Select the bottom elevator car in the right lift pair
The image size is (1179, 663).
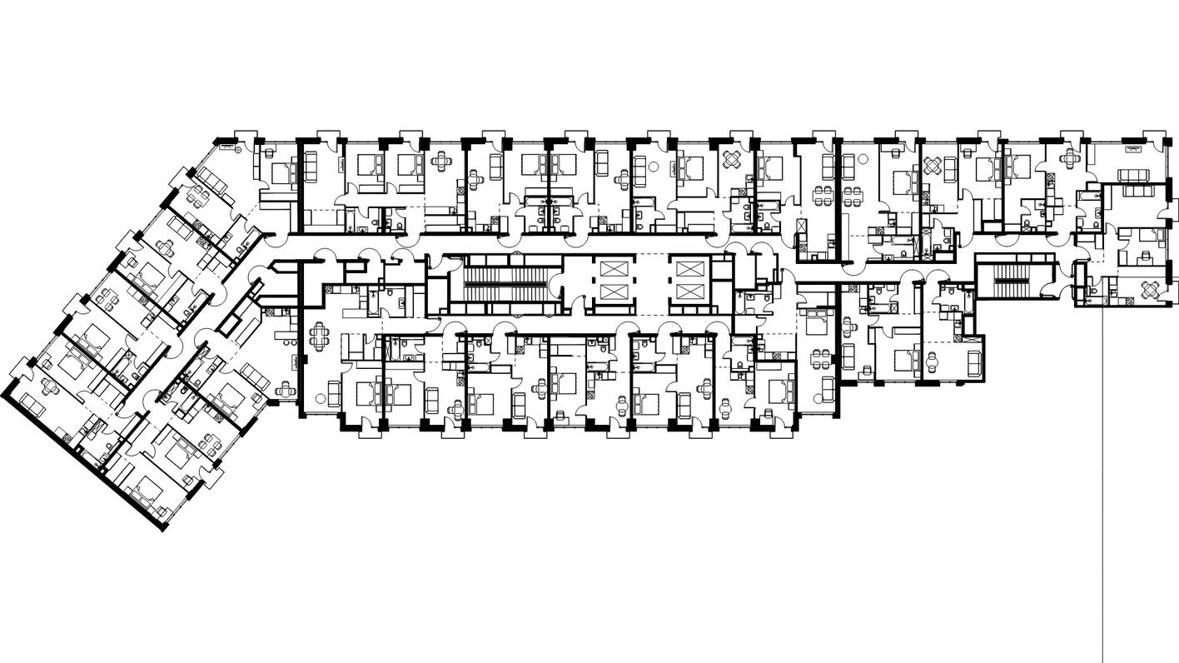[690, 292]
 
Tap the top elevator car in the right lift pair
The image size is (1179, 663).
[690, 269]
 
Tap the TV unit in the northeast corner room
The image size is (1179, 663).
[1133, 148]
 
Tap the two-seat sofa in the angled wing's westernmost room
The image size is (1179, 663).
[31, 403]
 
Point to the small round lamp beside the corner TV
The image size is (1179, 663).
[238, 151]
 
